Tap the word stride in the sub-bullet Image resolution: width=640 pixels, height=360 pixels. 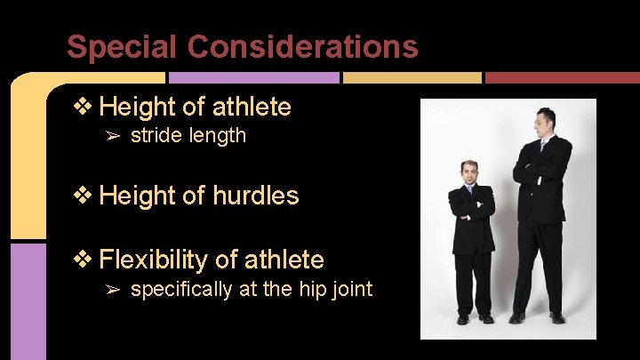[x=154, y=136]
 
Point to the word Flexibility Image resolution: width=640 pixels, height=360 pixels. [x=154, y=260]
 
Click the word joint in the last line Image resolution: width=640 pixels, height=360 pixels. [x=352, y=289]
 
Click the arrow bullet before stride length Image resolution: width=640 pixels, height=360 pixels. [x=113, y=136]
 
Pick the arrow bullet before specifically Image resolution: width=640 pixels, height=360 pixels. [x=113, y=289]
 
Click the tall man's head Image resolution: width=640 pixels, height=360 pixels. [x=544, y=121]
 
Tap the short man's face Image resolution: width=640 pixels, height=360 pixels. [x=469, y=173]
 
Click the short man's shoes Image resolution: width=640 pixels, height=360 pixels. [x=474, y=317]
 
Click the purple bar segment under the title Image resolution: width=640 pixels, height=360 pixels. [x=253, y=78]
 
